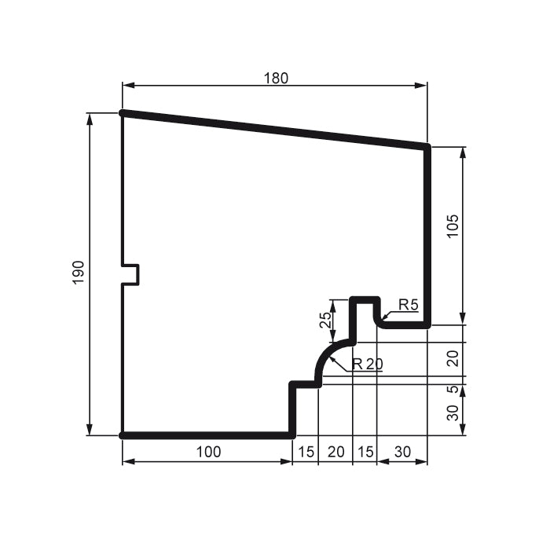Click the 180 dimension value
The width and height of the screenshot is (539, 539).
[276, 78]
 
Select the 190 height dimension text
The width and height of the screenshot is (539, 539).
[79, 273]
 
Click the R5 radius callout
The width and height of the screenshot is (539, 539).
[408, 305]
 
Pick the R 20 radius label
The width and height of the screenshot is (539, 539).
[367, 364]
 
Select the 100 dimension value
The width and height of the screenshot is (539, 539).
[208, 451]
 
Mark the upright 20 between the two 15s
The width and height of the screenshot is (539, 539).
[335, 451]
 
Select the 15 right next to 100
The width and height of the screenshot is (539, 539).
[305, 451]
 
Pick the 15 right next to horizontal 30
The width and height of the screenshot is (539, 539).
[365, 451]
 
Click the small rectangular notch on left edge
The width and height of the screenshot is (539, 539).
[132, 274]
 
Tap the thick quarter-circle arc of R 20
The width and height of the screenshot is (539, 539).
[325, 353]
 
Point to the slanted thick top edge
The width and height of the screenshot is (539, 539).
[275, 130]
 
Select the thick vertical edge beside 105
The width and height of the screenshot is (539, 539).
[428, 236]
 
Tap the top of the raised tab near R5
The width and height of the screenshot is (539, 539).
[365, 299]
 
